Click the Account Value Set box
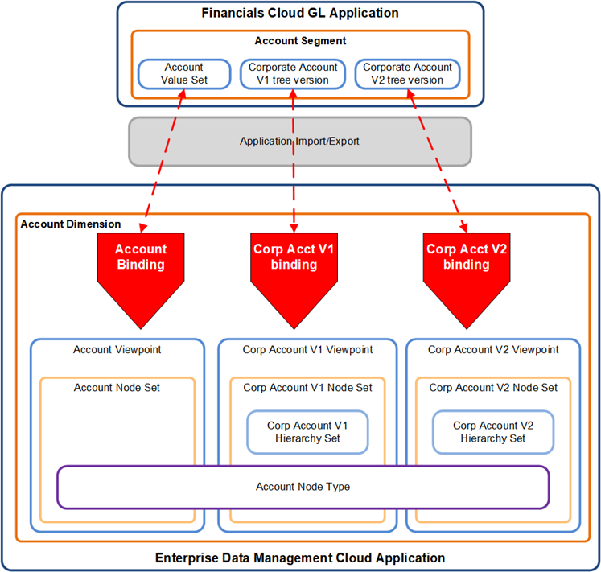183,73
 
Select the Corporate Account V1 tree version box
293,73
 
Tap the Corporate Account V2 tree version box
408,73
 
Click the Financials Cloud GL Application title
300,13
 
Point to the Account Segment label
300,41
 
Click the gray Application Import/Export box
299,141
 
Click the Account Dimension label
71,224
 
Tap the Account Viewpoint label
117,350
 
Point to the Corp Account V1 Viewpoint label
307,350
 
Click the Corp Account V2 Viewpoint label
493,350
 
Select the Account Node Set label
117,388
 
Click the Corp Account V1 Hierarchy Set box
307,432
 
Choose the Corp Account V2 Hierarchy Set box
493,432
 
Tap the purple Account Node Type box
303,487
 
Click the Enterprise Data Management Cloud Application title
299,558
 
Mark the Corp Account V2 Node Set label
493,388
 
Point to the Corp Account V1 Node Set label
307,388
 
